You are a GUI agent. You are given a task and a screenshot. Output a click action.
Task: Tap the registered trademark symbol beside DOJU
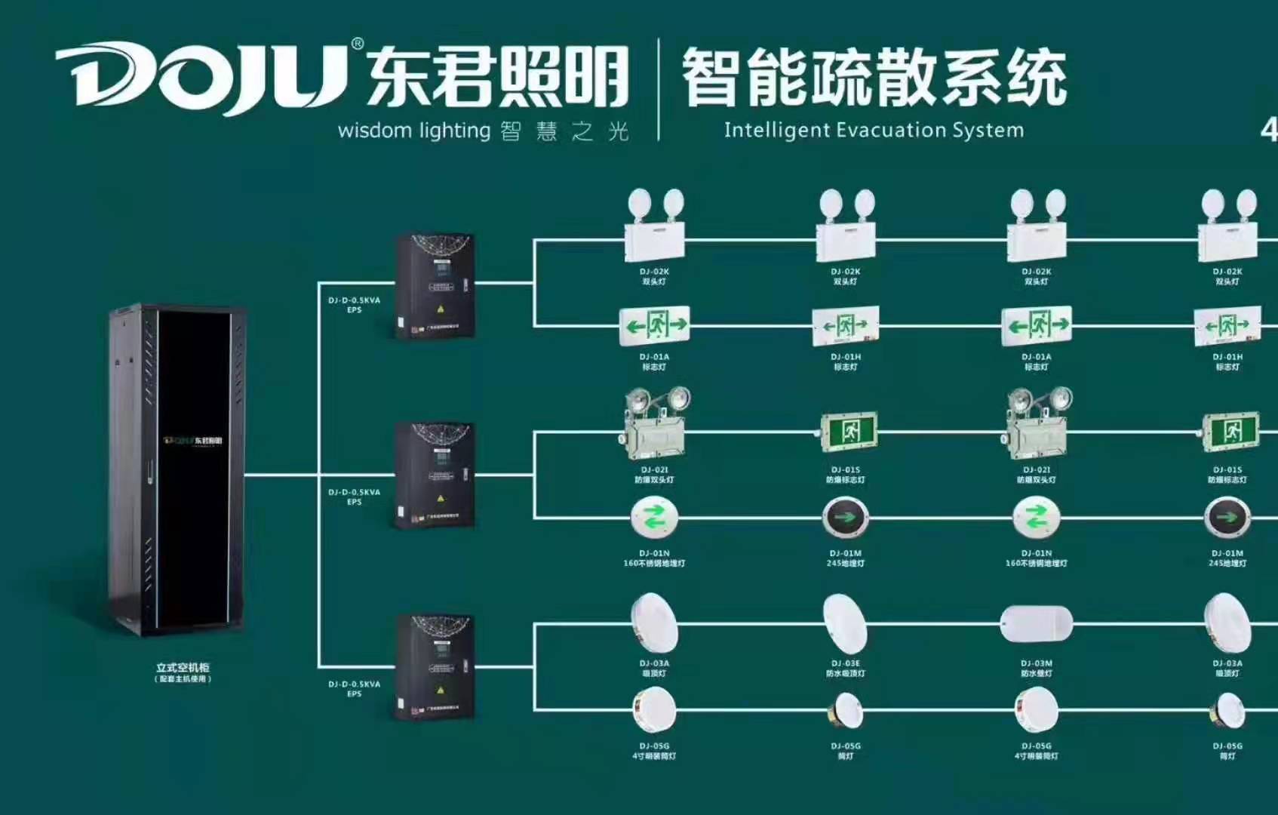(358, 44)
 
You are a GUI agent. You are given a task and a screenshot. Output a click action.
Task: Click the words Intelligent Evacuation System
(874, 130)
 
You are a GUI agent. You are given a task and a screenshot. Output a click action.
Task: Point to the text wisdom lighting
(414, 131)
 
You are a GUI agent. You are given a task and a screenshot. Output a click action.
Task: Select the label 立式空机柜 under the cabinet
(183, 668)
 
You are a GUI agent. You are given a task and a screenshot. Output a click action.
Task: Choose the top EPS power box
(435, 286)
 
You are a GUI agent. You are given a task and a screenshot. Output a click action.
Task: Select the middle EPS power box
(435, 475)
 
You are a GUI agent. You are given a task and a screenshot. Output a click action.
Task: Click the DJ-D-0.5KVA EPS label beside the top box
(354, 305)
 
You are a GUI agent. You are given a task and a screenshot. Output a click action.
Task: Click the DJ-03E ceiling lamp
(845, 623)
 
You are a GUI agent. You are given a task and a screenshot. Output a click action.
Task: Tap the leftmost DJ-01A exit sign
(654, 325)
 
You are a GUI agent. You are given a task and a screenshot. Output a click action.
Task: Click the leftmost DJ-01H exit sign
(846, 326)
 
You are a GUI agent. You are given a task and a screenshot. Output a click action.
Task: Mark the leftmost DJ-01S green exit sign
(848, 431)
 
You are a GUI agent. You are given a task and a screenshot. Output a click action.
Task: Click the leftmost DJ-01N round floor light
(654, 518)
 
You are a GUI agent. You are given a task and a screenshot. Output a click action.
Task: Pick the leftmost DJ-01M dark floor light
(845, 518)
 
